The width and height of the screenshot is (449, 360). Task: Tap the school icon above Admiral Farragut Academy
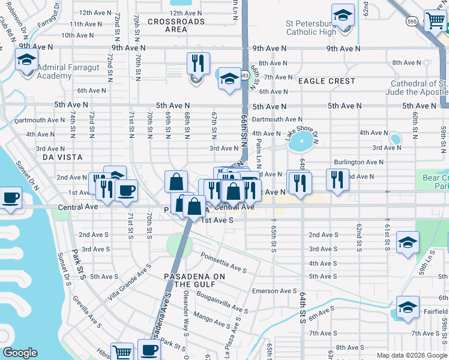27,60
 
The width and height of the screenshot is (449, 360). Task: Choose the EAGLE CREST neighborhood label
327,81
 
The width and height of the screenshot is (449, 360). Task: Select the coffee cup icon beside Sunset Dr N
11,197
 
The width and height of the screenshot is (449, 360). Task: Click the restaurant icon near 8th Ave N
197,62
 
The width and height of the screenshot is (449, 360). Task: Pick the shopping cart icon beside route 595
435,20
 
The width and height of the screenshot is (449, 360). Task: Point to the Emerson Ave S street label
273,291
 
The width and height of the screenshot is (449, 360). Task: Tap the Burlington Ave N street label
358,162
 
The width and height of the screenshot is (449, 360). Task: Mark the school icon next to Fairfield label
408,307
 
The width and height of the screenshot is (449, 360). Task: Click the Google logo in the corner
20,353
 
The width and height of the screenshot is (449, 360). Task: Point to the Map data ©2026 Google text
412,355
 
